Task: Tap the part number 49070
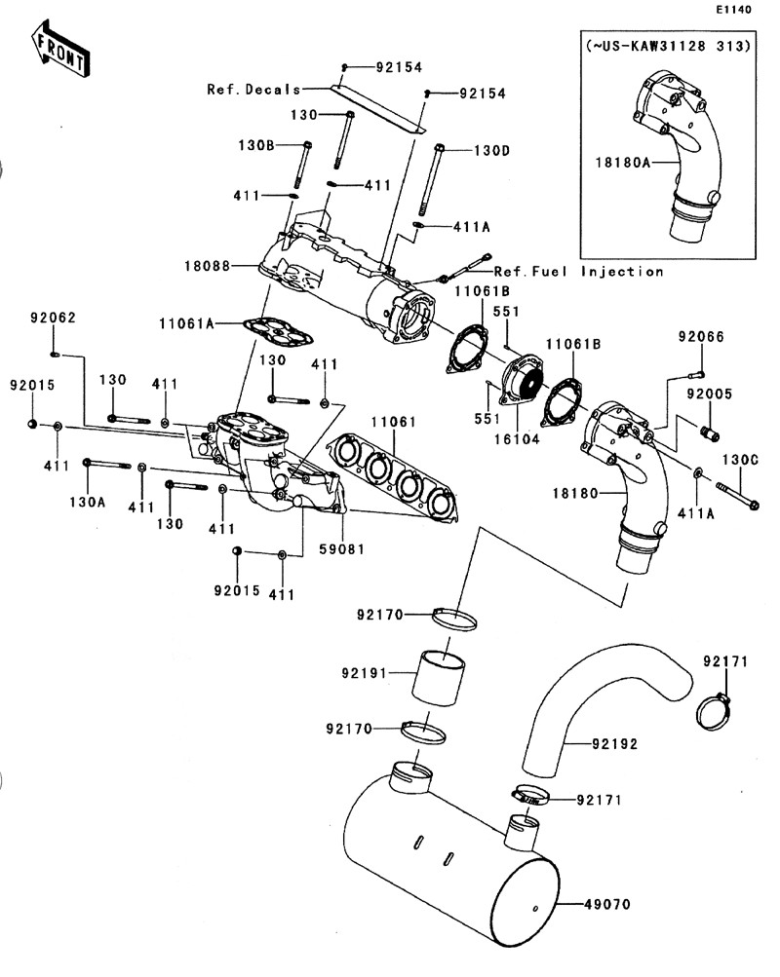pos(608,905)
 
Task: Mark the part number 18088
pos(206,265)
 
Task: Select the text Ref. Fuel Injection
pos(579,272)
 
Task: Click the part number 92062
pos(53,319)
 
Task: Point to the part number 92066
pos(702,337)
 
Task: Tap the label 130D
pos(492,151)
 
